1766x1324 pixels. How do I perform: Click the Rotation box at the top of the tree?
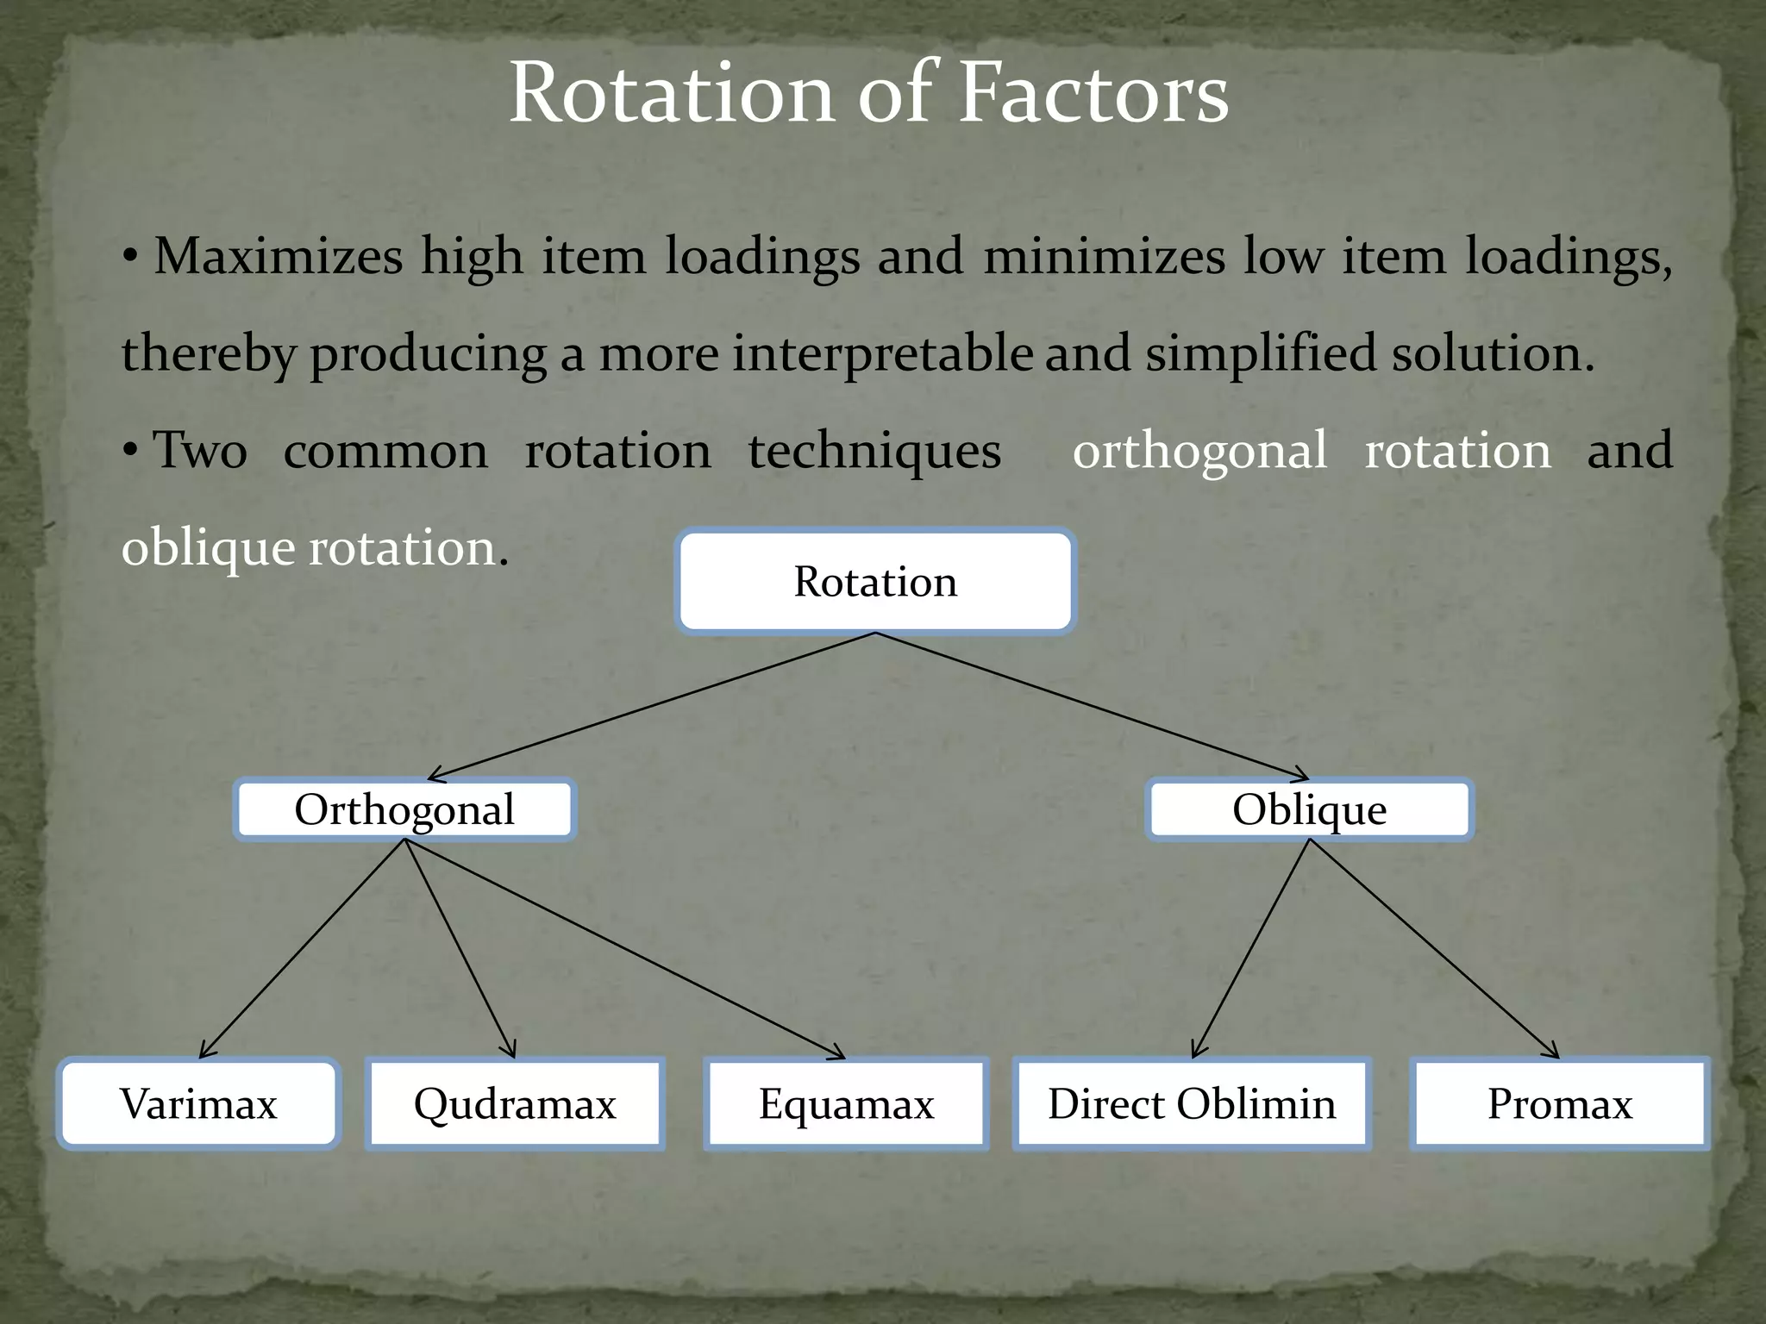(875, 582)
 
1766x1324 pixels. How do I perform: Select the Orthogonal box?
(404, 809)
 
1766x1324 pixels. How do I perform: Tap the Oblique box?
(1309, 809)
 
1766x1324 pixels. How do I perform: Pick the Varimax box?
(198, 1104)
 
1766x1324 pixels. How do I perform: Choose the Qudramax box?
(515, 1104)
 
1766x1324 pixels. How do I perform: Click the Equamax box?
(846, 1104)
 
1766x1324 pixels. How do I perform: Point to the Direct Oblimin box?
(1192, 1104)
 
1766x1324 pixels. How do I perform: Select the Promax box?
(1560, 1104)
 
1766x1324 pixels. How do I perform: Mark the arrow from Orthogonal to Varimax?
(302, 949)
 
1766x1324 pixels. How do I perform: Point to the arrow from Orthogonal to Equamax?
(625, 949)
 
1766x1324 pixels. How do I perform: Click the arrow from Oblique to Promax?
(1434, 949)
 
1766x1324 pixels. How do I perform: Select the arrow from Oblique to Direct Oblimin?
(1251, 949)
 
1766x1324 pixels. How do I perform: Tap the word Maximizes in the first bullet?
(278, 257)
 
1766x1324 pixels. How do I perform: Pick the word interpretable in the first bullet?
(882, 353)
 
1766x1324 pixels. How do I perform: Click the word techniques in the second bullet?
(874, 451)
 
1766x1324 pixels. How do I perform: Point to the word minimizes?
(1104, 257)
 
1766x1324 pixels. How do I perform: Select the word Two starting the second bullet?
(200, 451)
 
